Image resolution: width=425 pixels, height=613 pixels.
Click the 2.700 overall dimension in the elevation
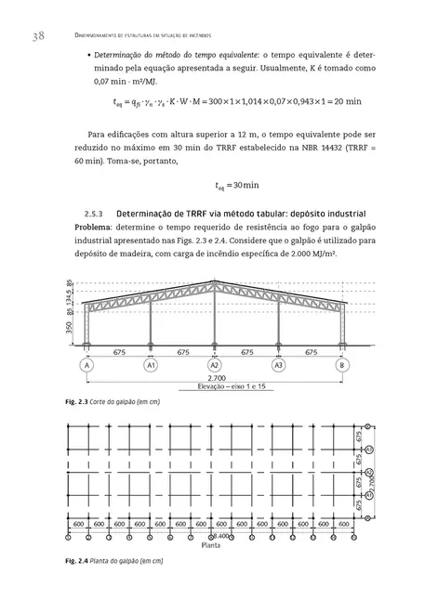[215, 378]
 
